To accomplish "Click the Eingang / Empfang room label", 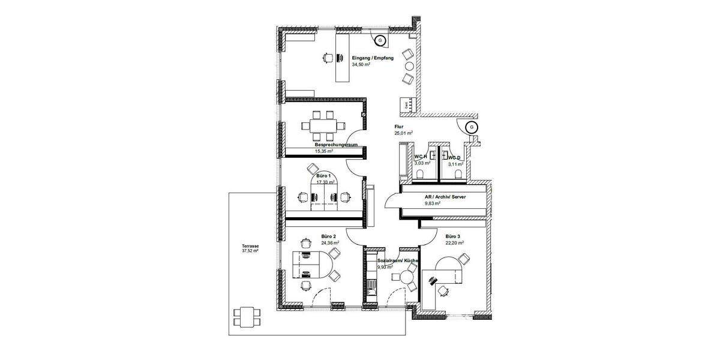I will (x=373, y=58).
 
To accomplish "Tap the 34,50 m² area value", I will (x=361, y=64).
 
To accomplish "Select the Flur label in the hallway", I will (x=398, y=127).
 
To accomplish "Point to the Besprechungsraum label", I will (x=337, y=145).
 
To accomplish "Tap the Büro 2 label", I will (x=328, y=236).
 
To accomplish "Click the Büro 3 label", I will (x=454, y=236).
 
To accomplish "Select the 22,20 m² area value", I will (x=454, y=243).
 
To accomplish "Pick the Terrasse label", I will (x=250, y=246).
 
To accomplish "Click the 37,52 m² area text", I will (x=250, y=252).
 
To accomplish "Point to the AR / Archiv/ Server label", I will (x=445, y=197).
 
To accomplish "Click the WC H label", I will (x=420, y=157).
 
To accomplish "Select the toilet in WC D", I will (x=458, y=174).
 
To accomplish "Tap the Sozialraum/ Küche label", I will (x=397, y=261).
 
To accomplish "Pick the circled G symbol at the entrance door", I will (x=380, y=41).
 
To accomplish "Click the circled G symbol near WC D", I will (x=472, y=127).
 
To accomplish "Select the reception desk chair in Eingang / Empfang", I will (x=327, y=58).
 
